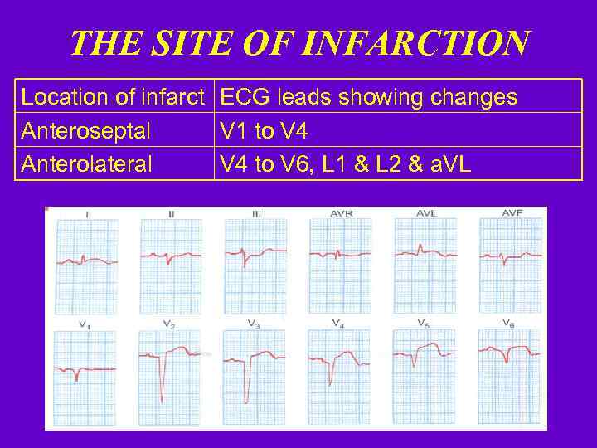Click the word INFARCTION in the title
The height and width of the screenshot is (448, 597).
tap(412, 43)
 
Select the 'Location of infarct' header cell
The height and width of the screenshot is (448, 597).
tap(113, 97)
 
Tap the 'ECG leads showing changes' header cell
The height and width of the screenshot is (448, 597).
tap(368, 97)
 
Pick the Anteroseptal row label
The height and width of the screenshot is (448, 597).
tap(86, 130)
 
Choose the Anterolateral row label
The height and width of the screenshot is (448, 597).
tap(87, 164)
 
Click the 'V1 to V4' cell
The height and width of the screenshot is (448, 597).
tap(265, 130)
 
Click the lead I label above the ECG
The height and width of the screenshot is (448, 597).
tap(87, 214)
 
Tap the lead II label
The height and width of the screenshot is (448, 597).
tap(171, 214)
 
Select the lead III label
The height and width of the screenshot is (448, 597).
tap(256, 214)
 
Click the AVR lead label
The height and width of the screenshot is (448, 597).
tap(341, 214)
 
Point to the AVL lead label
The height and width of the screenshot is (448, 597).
tap(426, 214)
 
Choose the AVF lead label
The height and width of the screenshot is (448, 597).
tap(512, 214)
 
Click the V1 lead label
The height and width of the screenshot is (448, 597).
tap(85, 324)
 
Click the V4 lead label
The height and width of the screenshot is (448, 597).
tap(338, 323)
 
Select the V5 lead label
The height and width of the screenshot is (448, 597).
tap(423, 323)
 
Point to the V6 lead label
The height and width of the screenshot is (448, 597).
tap(508, 323)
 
